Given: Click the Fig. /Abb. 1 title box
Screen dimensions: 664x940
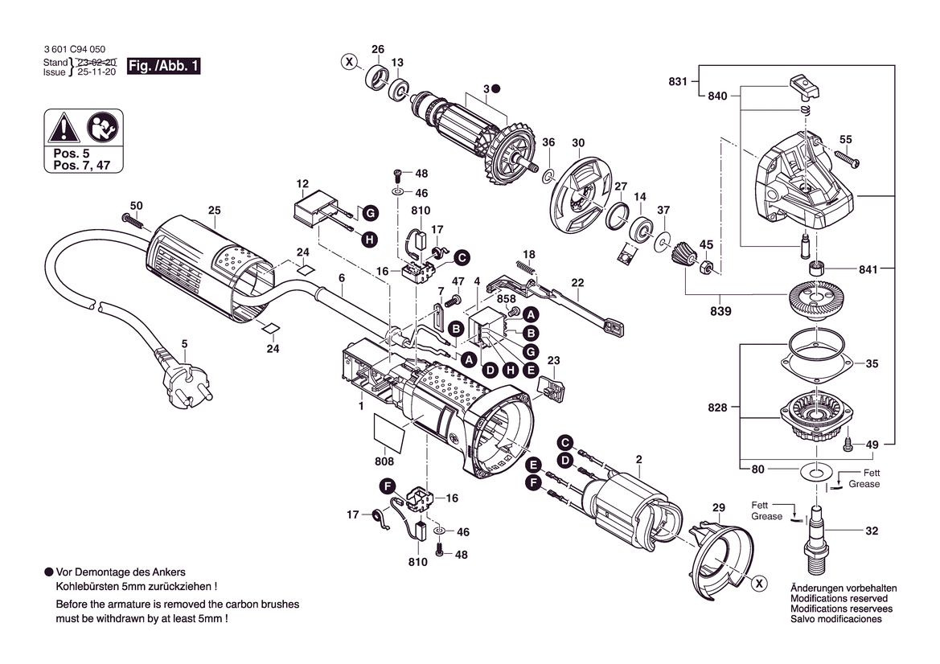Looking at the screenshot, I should click(164, 66).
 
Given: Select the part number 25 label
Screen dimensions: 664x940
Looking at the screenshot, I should click(214, 211).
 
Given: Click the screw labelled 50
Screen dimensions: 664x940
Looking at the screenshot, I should click(129, 219).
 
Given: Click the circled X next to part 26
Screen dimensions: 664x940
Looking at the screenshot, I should click(348, 61).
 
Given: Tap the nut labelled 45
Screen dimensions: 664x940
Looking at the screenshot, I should click(706, 265).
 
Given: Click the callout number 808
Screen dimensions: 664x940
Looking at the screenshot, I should click(384, 461).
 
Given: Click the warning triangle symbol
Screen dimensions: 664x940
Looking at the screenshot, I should click(63, 127).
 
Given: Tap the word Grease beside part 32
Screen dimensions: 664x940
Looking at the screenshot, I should click(766, 516).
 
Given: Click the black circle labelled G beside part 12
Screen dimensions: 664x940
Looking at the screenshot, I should click(369, 213).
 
